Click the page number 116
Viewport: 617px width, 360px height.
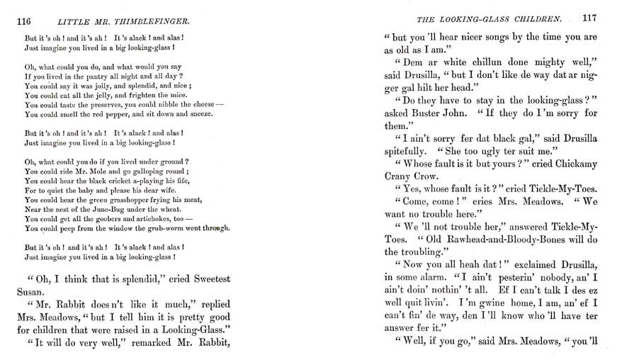tap(26, 21)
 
